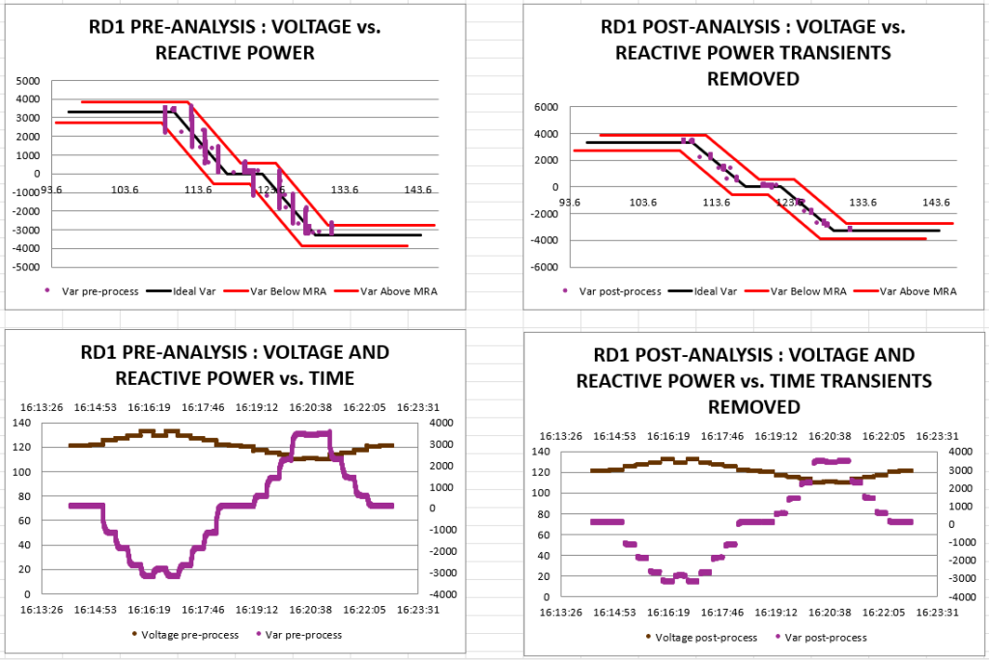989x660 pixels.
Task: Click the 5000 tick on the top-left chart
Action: point(28,80)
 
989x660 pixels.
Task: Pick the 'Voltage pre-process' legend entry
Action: point(186,635)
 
